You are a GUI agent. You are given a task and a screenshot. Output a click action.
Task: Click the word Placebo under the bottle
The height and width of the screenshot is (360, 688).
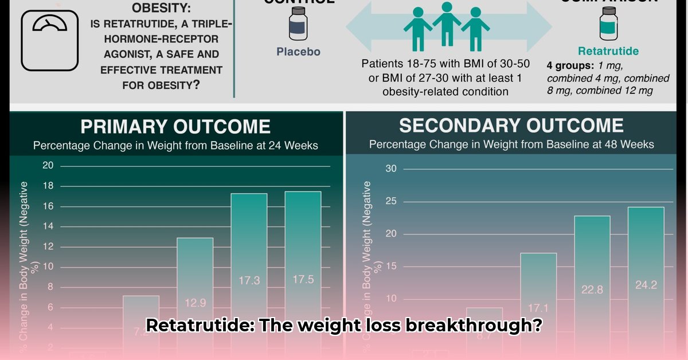point(298,52)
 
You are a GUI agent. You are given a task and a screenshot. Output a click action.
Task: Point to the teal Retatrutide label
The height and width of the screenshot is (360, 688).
point(608,51)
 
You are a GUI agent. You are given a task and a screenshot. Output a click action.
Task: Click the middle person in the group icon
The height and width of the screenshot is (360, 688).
point(447,26)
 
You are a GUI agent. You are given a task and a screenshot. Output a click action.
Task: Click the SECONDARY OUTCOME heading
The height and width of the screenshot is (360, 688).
point(511,126)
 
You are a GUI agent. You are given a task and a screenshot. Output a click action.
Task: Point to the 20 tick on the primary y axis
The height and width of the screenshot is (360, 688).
point(48,166)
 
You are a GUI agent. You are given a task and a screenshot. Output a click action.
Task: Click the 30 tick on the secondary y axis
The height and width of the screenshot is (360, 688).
point(391,169)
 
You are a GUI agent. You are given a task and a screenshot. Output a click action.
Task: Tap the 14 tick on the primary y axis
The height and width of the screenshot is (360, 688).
point(48,226)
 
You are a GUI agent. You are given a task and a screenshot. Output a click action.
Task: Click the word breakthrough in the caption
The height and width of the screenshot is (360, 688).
point(470,326)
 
